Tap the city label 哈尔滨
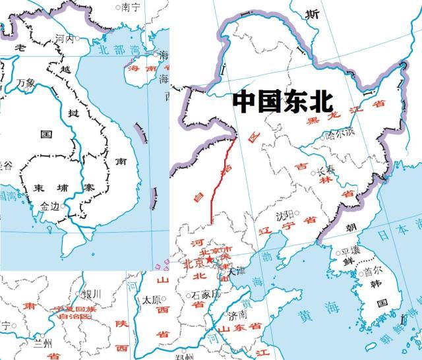click(340, 132)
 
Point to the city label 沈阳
click(285, 215)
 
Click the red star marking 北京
click(209, 260)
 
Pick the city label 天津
click(236, 271)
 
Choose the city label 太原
click(152, 299)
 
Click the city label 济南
click(239, 315)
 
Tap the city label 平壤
click(349, 253)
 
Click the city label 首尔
click(373, 271)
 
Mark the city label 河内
click(65, 39)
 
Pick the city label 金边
click(49, 206)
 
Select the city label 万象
click(27, 83)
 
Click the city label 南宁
click(131, 8)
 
